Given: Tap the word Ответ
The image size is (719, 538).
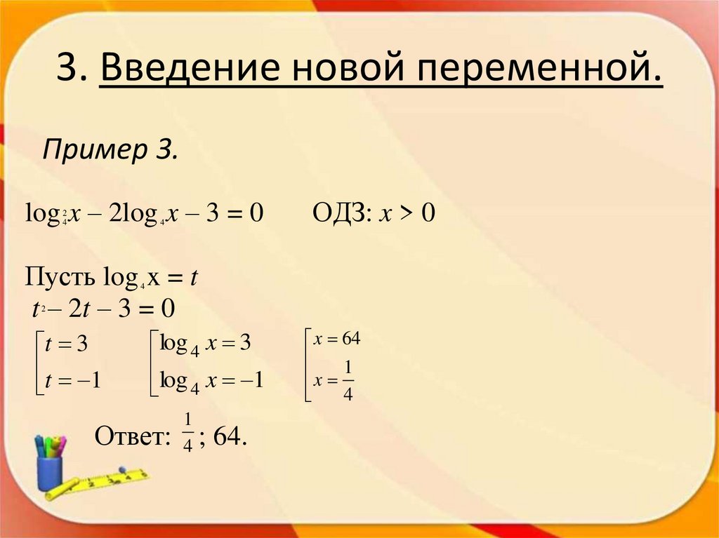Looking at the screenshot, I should (132, 436).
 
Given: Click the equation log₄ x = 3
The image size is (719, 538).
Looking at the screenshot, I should (205, 344).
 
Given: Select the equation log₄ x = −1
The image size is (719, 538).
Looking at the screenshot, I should (211, 381).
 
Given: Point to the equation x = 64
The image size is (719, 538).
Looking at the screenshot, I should (337, 339).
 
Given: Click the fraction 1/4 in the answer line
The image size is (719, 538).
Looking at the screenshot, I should (187, 433).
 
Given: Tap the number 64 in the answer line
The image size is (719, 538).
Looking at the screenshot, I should (228, 436).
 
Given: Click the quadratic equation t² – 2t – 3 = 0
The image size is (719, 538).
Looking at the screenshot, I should (103, 309).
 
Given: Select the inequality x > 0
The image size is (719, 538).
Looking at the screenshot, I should (408, 213).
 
